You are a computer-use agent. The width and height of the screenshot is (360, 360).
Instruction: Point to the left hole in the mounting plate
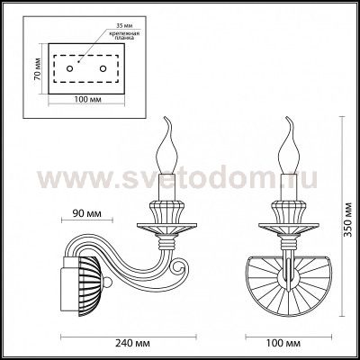click(77, 68)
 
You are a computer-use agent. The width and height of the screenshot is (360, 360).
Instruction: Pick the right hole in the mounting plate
click(103, 68)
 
